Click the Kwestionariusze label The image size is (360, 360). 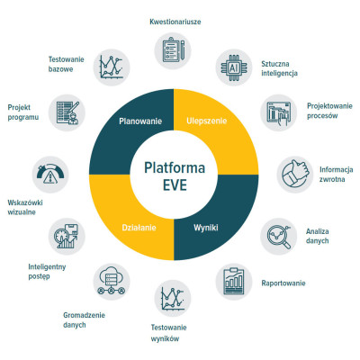[x=175, y=22]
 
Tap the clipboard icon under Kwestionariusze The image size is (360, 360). [x=173, y=50]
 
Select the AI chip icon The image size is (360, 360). [x=234, y=67]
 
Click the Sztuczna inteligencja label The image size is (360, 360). [x=279, y=68]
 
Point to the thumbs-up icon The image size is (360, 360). [x=295, y=175]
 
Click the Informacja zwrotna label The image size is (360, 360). [x=336, y=175]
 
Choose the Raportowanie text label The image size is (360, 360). [x=283, y=283]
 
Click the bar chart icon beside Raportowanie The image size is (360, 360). [x=234, y=282]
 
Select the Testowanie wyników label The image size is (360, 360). [x=168, y=333]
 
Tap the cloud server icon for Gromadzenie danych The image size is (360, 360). [x=112, y=282]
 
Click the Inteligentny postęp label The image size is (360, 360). [x=47, y=272]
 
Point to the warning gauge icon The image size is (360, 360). [x=50, y=175]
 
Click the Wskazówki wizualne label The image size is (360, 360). [x=25, y=207]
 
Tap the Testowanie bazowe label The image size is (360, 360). [x=66, y=64]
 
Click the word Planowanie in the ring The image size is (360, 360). [x=140, y=121]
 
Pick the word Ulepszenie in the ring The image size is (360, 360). [x=207, y=121]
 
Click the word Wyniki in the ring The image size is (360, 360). [x=206, y=228]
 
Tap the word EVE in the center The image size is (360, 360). [x=175, y=184]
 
